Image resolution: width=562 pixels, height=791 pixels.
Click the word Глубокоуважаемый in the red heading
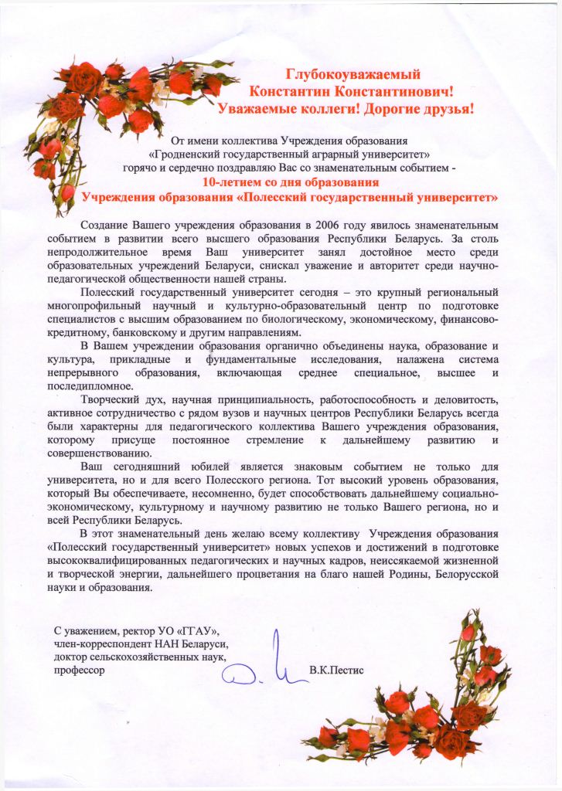pyautogui.click(x=353, y=75)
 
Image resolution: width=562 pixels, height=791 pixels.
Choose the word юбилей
pyautogui.click(x=227, y=468)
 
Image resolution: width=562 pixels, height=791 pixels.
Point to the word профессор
pyautogui.click(x=76, y=670)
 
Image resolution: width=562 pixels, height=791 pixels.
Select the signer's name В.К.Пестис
pyautogui.click(x=335, y=670)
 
